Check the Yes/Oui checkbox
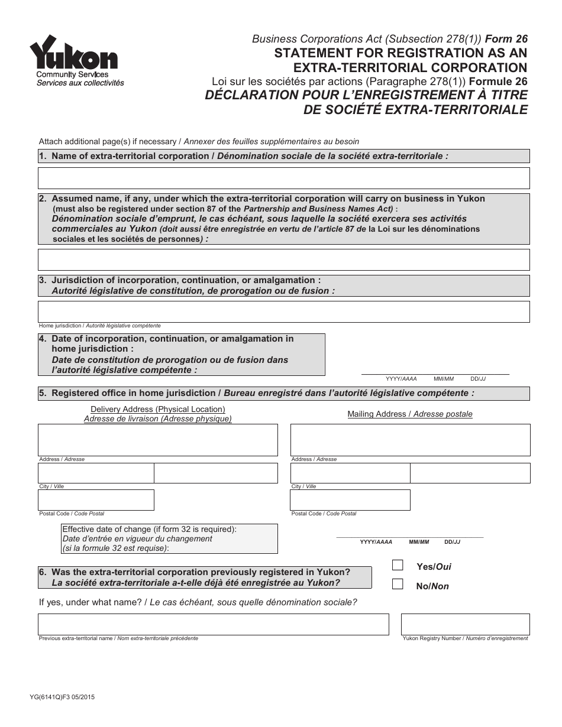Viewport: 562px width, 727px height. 398,565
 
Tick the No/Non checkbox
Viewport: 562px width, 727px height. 398,585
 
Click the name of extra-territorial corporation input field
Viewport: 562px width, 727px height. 284,178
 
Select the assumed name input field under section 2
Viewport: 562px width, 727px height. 284,259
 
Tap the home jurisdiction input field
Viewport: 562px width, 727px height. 284,311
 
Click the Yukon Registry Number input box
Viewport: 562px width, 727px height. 465,624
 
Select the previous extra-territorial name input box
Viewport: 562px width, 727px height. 214,624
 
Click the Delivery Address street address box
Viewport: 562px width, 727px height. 158,440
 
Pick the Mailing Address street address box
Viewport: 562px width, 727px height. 410,440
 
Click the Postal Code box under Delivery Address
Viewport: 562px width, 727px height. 96,500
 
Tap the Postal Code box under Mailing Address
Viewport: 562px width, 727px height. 350,500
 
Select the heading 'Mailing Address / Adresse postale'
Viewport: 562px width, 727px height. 410,414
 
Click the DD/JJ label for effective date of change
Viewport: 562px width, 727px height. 452,542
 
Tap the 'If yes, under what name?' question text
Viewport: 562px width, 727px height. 198,603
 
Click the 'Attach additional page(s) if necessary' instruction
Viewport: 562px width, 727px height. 199,141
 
